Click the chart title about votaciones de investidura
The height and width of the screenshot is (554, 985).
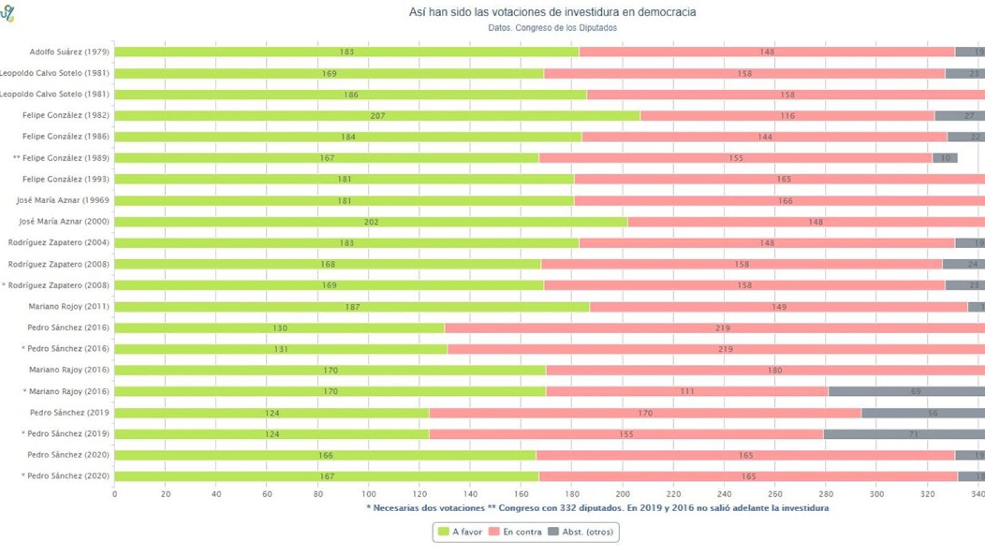pyautogui.click(x=552, y=12)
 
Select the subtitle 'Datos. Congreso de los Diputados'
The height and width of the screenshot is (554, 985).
pyautogui.click(x=552, y=28)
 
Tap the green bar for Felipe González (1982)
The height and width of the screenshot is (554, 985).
pyautogui.click(x=377, y=116)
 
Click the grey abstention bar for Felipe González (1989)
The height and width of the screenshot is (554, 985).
pyautogui.click(x=944, y=158)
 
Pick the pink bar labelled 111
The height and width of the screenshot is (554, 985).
pyautogui.click(x=687, y=391)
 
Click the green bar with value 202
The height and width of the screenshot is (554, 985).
pyautogui.click(x=371, y=222)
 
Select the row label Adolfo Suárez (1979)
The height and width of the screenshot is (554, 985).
pyautogui.click(x=69, y=52)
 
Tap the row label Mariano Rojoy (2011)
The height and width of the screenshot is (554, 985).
pyautogui.click(x=68, y=307)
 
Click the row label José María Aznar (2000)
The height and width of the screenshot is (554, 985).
pyautogui.click(x=63, y=222)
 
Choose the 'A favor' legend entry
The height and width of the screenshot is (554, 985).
pyautogui.click(x=460, y=532)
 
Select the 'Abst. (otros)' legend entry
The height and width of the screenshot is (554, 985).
pyautogui.click(x=580, y=532)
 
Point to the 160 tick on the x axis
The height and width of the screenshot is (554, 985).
pyautogui.click(x=521, y=494)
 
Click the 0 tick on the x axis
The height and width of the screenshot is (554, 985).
pyautogui.click(x=115, y=494)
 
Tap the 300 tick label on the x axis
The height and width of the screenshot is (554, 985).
pyautogui.click(x=877, y=494)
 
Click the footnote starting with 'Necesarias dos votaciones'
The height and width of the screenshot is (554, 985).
pyautogui.click(x=598, y=508)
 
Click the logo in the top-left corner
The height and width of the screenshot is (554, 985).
pyautogui.click(x=7, y=14)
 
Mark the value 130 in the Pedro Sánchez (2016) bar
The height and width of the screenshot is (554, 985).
pyautogui.click(x=280, y=328)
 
